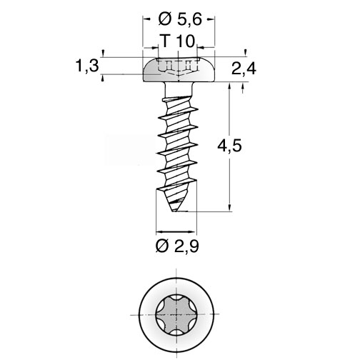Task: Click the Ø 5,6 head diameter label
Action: coord(180,19)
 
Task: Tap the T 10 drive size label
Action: coord(178,41)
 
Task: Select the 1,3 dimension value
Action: coord(87,66)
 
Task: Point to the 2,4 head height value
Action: coord(244,69)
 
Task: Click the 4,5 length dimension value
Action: coord(229,146)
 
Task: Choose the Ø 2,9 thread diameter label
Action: coord(177,246)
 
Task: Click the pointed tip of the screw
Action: coord(174,211)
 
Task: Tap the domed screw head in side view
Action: coord(179,69)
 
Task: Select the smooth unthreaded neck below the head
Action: coord(179,89)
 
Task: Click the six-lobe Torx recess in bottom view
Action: coord(176,315)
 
